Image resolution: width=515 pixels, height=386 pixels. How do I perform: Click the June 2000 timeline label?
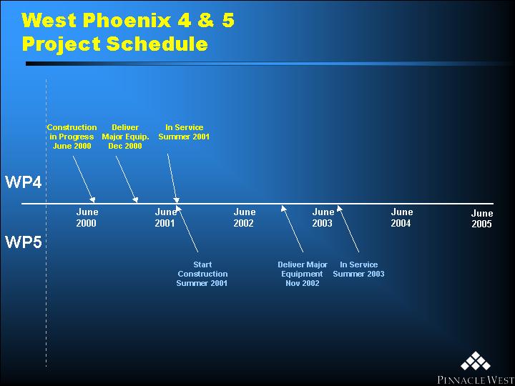coord(87,217)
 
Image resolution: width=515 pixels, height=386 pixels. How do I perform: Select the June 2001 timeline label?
coord(165,217)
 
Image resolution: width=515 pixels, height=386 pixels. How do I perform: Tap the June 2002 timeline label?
coord(245,217)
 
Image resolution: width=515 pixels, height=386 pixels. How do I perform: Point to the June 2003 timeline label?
coord(323,217)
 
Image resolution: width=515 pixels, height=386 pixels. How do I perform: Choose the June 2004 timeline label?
coord(402,217)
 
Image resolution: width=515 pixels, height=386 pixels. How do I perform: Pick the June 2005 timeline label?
coord(482,219)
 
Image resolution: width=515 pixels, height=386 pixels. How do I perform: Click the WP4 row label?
coord(24,182)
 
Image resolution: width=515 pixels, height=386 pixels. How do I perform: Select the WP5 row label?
coord(24,242)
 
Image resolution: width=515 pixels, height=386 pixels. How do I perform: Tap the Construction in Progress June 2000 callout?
coord(72,137)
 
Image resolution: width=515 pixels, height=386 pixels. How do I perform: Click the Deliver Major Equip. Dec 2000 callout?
coord(125,137)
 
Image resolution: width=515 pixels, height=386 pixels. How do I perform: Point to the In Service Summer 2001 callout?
coord(184,132)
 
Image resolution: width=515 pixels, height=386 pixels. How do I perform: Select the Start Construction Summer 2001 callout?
coord(202,274)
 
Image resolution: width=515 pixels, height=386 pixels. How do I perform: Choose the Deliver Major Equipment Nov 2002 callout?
coord(303,274)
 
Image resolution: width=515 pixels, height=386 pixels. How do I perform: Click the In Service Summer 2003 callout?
coord(358,269)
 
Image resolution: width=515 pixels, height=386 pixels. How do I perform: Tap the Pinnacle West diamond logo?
coord(475,365)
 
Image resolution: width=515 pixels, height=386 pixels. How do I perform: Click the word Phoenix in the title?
coord(127,21)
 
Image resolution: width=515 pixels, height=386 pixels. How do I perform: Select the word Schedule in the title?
coord(157,44)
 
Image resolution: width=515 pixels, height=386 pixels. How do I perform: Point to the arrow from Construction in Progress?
coord(84,179)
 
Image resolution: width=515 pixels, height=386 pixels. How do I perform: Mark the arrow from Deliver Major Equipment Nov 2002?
coord(292,229)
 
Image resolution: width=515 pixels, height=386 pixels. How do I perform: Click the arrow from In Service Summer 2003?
coord(348,229)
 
